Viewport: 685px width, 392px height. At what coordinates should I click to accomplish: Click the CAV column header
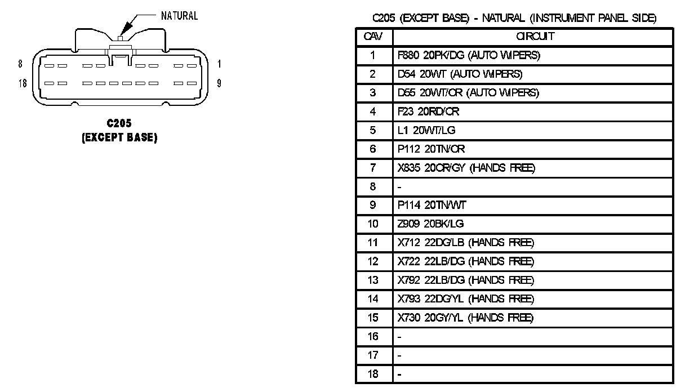point(373,37)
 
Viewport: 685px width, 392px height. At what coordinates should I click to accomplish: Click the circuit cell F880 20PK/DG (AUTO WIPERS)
point(469,55)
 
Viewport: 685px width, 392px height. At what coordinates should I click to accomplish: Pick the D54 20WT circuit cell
point(460,74)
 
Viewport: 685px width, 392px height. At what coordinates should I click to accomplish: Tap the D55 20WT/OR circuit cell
point(468,93)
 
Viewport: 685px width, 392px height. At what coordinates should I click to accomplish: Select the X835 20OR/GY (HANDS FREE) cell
point(466,168)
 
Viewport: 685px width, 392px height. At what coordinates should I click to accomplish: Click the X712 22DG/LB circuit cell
point(465,243)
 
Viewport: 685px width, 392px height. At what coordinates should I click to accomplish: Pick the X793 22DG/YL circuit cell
point(465,299)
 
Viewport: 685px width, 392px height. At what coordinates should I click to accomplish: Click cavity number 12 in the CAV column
point(373,261)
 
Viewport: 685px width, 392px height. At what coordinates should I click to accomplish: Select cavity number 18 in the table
point(373,374)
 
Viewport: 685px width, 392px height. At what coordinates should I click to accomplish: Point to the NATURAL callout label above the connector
point(179,16)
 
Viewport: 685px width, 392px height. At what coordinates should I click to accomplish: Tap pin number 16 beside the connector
point(23,83)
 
